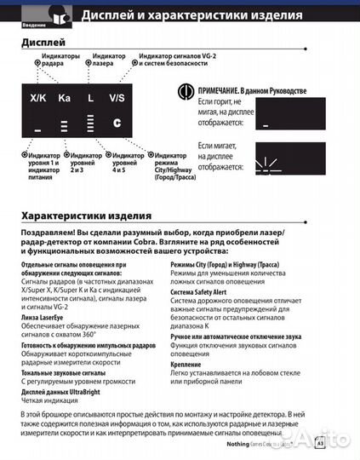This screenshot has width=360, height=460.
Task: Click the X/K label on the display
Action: pyautogui.click(x=38, y=99)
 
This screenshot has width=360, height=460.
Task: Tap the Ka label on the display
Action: pyautogui.click(x=65, y=99)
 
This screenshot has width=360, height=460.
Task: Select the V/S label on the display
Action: pyautogui.click(x=117, y=99)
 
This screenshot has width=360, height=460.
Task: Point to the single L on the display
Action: pyautogui.click(x=90, y=99)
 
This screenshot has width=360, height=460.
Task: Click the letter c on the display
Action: pyautogui.click(x=117, y=122)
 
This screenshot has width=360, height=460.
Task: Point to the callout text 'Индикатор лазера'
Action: pyautogui.click(x=102, y=59)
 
